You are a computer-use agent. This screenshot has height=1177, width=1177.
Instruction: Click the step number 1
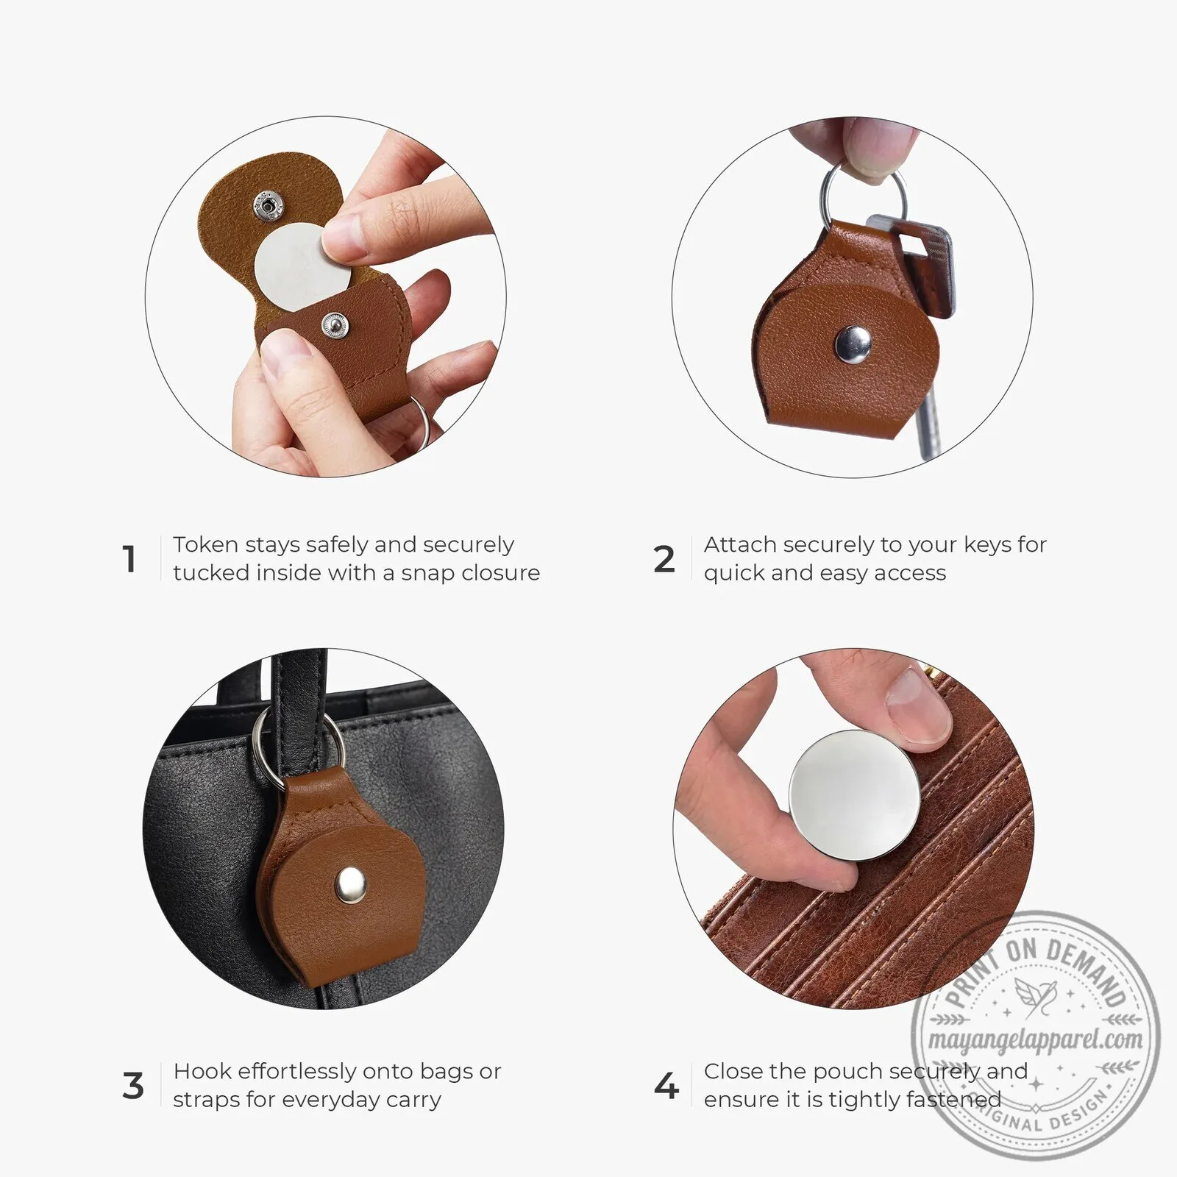point(129,559)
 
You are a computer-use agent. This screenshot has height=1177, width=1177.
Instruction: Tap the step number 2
point(664,559)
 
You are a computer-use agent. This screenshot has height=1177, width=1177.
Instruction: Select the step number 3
point(133,1086)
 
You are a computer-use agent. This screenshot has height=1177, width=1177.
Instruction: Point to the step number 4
point(666,1086)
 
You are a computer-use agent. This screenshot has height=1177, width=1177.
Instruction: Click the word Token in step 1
point(205,544)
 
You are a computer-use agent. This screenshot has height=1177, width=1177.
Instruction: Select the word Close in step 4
point(733,1071)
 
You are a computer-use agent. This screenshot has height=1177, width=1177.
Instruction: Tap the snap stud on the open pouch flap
point(268,205)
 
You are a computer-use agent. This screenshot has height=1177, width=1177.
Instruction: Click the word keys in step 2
point(987,545)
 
